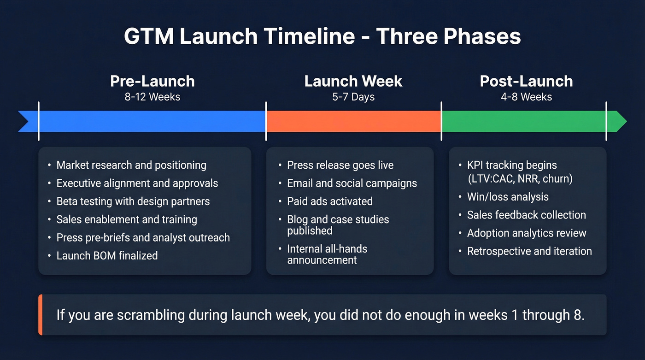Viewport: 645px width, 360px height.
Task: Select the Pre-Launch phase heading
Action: tap(152, 81)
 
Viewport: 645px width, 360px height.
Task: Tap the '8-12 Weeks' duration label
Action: tap(152, 97)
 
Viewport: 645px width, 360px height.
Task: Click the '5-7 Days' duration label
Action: tap(353, 97)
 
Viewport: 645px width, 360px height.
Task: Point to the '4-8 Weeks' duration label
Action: tap(526, 97)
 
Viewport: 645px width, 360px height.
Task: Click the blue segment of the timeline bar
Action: tap(152, 121)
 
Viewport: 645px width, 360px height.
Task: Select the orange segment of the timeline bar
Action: tap(353, 121)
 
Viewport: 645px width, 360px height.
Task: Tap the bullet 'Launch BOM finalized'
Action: tap(107, 255)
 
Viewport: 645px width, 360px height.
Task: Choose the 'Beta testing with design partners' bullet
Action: tap(133, 201)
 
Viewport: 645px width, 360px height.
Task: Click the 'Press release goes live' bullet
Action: tap(340, 165)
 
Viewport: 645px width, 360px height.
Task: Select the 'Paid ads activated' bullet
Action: tap(330, 201)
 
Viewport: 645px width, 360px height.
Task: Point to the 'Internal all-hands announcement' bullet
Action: tap(327, 254)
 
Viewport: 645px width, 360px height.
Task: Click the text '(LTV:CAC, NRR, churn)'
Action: tap(520, 179)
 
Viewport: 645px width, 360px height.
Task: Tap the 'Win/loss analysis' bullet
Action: tap(508, 197)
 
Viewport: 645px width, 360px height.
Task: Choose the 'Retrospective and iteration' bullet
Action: tap(529, 251)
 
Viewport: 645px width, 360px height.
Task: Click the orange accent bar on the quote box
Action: tap(41, 315)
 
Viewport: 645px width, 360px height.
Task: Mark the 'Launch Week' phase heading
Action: tap(353, 81)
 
